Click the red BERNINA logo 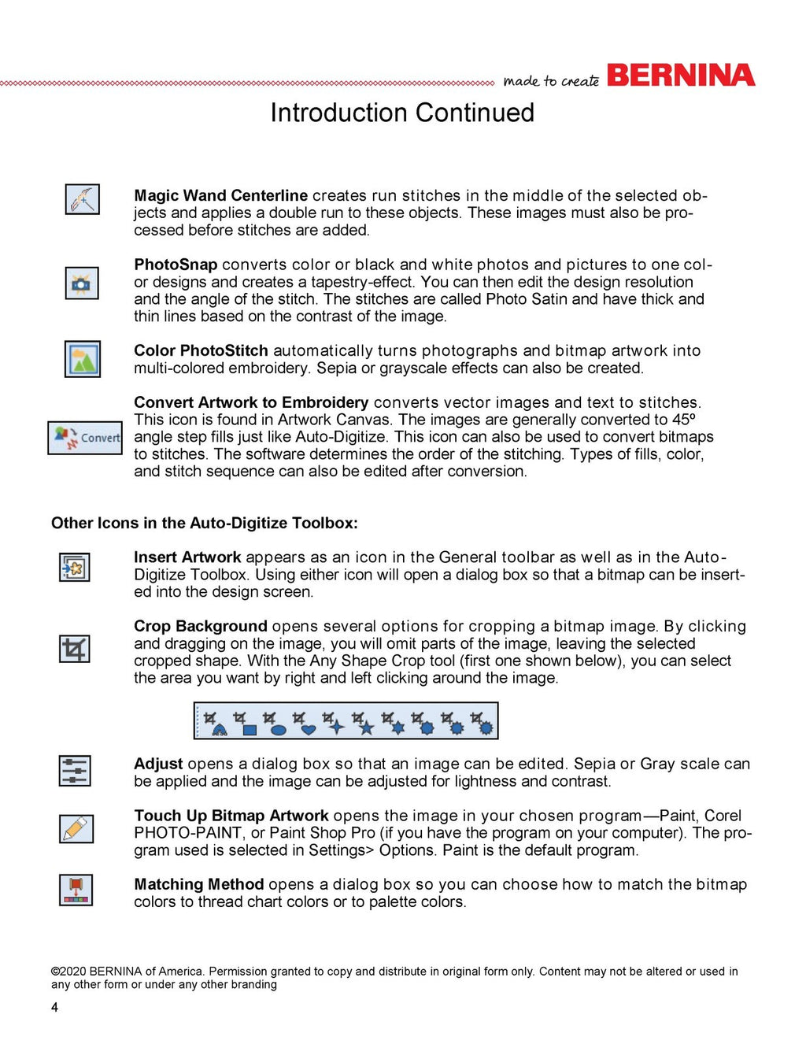click(681, 76)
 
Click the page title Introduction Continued click(402, 113)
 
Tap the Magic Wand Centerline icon click(82, 199)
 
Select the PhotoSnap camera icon click(82, 283)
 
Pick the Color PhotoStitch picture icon click(82, 359)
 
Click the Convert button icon click(85, 438)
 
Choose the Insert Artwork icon click(75, 567)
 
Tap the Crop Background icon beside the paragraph click(75, 650)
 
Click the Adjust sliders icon click(75, 771)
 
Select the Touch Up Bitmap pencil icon click(76, 829)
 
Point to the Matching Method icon click(76, 890)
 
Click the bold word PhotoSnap click(176, 265)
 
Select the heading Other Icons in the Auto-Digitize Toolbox click(205, 523)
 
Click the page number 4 click(54, 1008)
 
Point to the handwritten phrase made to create click(551, 81)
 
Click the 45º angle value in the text click(684, 420)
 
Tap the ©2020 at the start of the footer click(68, 972)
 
